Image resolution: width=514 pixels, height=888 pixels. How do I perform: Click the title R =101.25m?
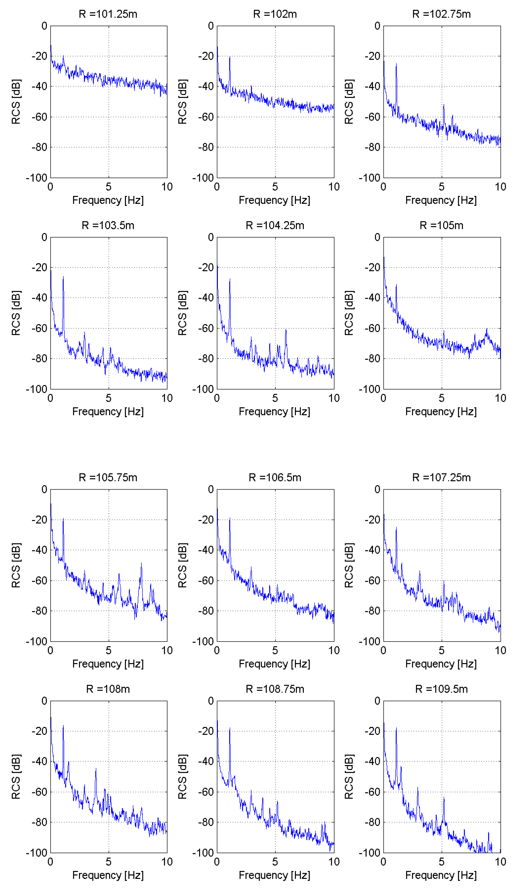[x=108, y=14]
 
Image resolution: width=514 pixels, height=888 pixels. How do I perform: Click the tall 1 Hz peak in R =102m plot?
[x=230, y=57]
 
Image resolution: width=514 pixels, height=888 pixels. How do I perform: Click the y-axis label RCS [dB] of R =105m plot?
[x=349, y=313]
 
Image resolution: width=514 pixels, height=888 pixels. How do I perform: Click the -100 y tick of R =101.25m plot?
[x=37, y=178]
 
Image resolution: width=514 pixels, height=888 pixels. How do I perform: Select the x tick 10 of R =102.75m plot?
[x=500, y=187]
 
